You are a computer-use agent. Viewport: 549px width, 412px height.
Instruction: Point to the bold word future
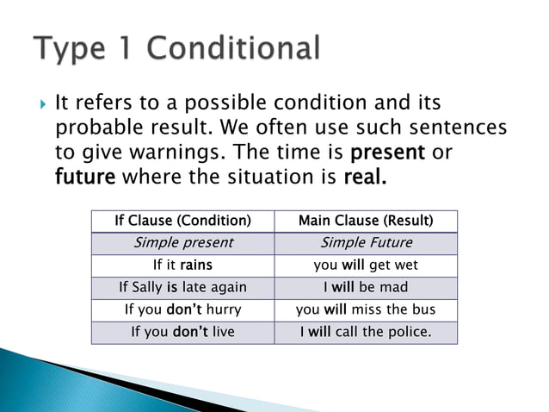click(x=86, y=178)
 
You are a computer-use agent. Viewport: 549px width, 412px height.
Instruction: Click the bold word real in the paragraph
click(x=365, y=178)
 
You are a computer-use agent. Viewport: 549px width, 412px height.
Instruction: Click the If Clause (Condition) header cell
click(x=182, y=221)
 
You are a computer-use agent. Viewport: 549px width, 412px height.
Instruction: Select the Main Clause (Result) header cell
click(x=366, y=221)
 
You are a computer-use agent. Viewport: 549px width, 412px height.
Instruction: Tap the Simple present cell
click(x=182, y=243)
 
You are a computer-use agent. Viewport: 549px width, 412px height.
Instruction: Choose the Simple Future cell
click(x=366, y=243)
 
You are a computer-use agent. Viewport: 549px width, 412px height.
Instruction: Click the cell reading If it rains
click(x=182, y=265)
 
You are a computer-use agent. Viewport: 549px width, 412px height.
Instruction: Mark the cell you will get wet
click(x=366, y=265)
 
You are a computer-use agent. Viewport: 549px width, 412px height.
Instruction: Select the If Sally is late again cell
click(x=182, y=287)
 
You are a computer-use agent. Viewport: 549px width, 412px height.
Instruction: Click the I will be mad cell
click(x=366, y=287)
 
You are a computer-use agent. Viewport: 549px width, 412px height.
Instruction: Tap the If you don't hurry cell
click(x=182, y=309)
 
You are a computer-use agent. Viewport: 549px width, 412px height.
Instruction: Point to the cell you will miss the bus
click(x=366, y=309)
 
